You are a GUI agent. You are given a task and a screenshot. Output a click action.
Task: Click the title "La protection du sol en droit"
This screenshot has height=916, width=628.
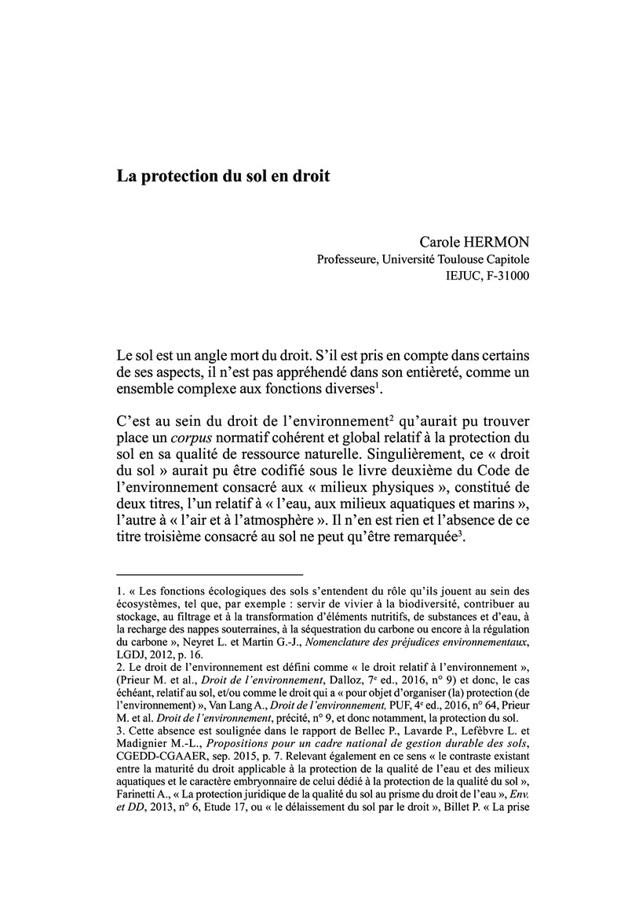click(x=224, y=175)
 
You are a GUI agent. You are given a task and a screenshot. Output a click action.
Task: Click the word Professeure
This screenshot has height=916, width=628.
click(x=349, y=259)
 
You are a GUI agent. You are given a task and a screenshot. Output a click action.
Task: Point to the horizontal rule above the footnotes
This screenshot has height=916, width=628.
click(x=209, y=574)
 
